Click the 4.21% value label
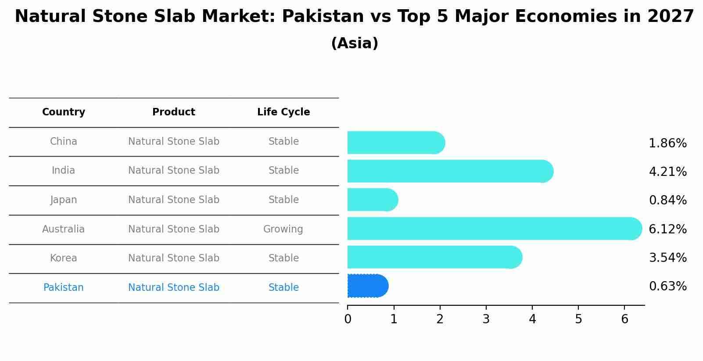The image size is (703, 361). pyautogui.click(x=667, y=172)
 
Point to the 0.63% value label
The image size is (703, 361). pyautogui.click(x=667, y=286)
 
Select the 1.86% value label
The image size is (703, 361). pyautogui.click(x=667, y=143)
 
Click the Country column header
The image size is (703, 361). pyautogui.click(x=64, y=112)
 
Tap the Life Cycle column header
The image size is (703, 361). pyautogui.click(x=283, y=112)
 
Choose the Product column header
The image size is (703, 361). pyautogui.click(x=174, y=112)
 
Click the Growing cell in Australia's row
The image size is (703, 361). pyautogui.click(x=283, y=229)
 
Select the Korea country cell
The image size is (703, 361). pyautogui.click(x=64, y=258)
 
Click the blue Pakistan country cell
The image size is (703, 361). pyautogui.click(x=64, y=287)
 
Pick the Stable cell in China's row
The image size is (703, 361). pyautogui.click(x=283, y=141)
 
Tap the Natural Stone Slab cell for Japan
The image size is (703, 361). pyautogui.click(x=174, y=200)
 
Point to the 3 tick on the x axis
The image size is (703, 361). pyautogui.click(x=486, y=319)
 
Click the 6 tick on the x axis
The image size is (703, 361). pyautogui.click(x=624, y=319)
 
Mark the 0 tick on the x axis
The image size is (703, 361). pyautogui.click(x=348, y=319)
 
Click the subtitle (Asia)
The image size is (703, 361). pyautogui.click(x=355, y=43)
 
